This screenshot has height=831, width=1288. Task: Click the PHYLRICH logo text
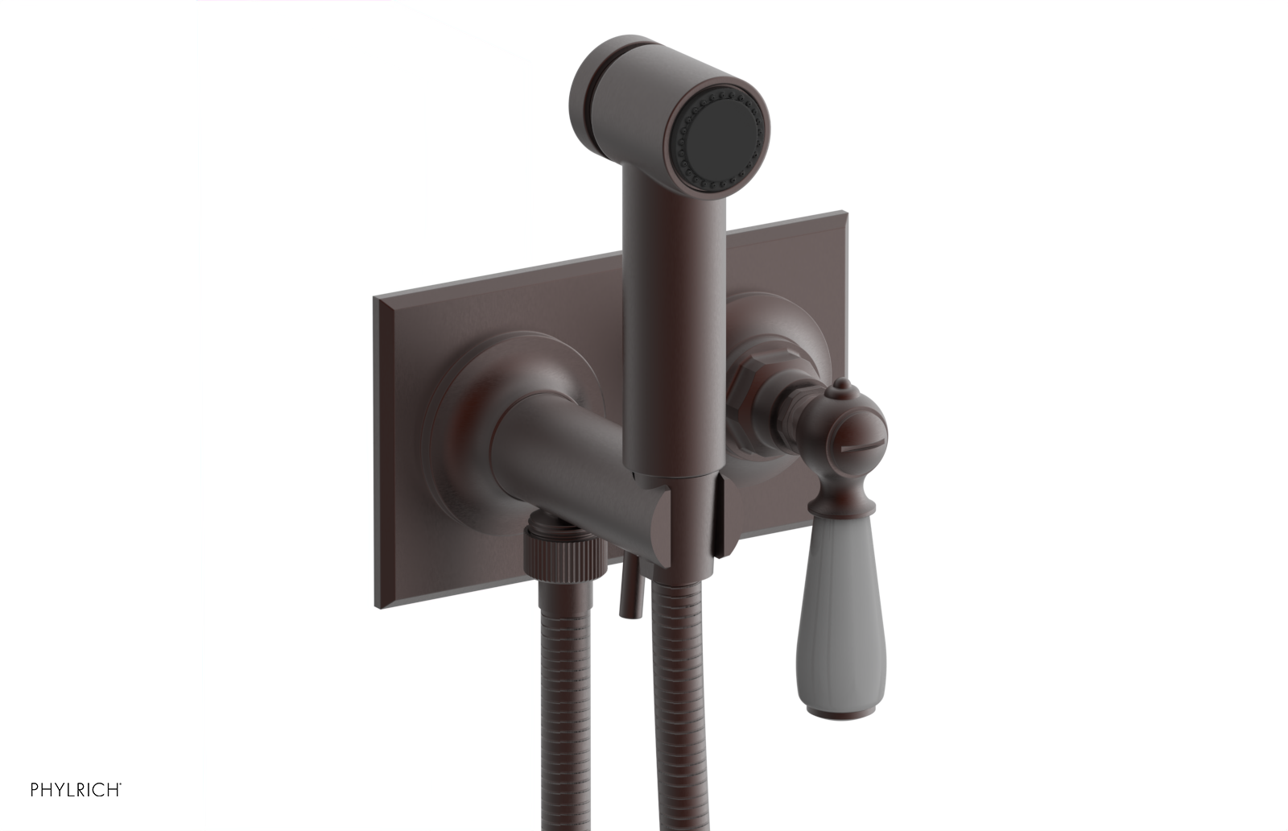tap(76, 789)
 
